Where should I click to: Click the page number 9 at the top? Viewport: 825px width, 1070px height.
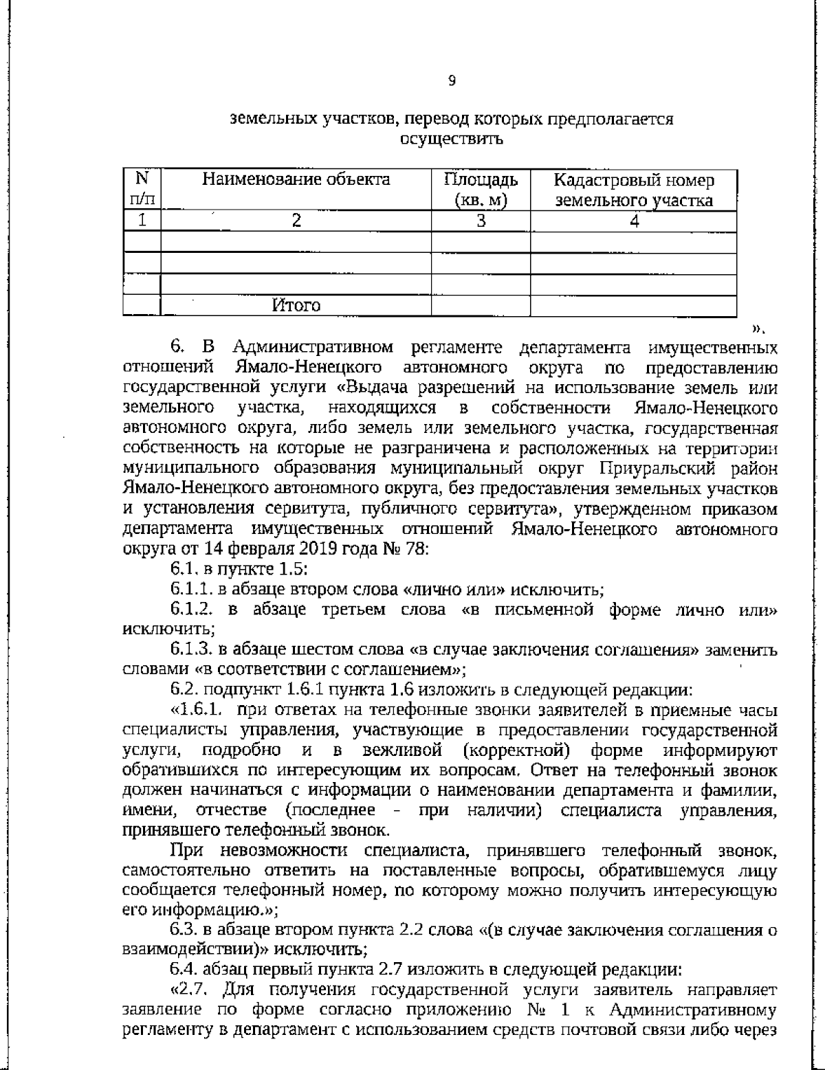451,82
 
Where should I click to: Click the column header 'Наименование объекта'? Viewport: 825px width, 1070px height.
296,180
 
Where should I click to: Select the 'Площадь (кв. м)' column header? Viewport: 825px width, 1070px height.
481,190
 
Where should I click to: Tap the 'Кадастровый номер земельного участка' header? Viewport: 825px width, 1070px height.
633,190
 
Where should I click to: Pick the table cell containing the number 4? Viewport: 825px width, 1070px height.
634,221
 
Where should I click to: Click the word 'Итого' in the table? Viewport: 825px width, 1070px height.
296,304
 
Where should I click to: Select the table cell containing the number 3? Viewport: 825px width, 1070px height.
481,221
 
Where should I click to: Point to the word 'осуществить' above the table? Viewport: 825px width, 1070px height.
451,140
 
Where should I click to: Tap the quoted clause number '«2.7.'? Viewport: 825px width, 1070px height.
192,990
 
